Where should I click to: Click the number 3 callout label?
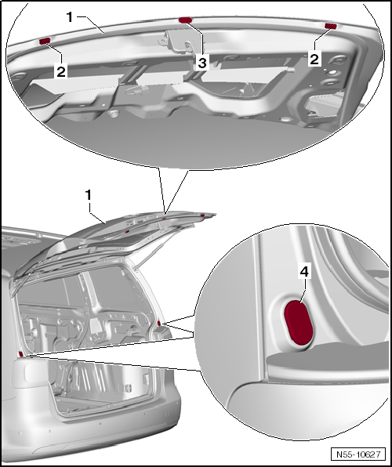[x=202, y=63]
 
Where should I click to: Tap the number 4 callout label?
[x=304, y=272]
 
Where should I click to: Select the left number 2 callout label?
[x=61, y=71]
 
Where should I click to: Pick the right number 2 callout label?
[x=314, y=58]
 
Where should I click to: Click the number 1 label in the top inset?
[x=70, y=17]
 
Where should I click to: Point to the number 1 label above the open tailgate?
[x=89, y=195]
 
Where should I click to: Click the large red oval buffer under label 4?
[x=299, y=323]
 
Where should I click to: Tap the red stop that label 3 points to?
[x=186, y=20]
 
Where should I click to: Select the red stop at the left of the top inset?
[x=45, y=41]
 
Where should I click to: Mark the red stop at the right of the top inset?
[x=331, y=26]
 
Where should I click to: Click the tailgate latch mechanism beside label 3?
[x=178, y=41]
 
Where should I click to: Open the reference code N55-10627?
[x=358, y=454]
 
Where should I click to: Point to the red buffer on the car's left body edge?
[x=21, y=354]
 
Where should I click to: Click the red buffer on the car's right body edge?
[x=159, y=323]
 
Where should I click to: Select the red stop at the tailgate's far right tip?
[x=202, y=215]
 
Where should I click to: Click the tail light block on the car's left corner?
[x=30, y=374]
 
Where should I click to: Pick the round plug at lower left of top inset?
[x=113, y=113]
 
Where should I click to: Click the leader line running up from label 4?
[x=303, y=291]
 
